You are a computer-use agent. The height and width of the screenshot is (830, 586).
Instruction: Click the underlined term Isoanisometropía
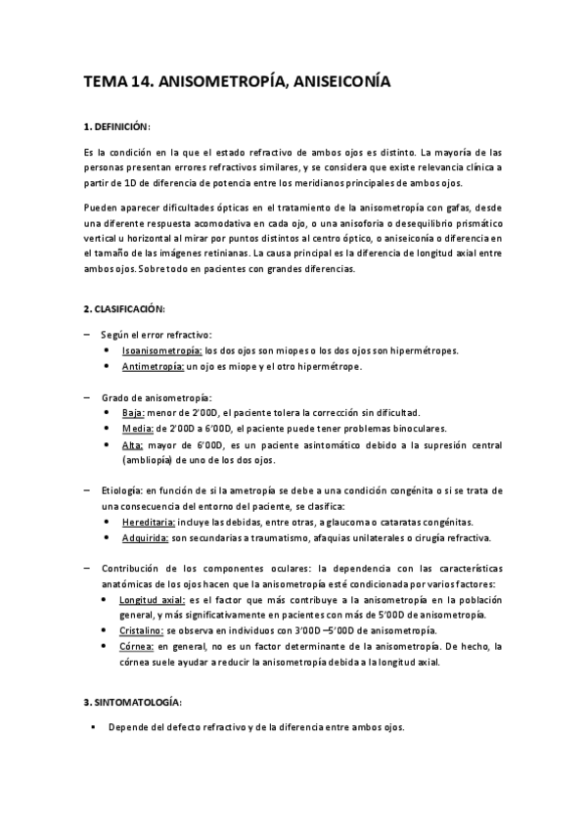pyautogui.click(x=161, y=349)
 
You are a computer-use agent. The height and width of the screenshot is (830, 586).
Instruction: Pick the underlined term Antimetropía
pyautogui.click(x=153, y=366)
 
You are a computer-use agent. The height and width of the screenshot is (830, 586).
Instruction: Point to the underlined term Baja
pyautogui.click(x=133, y=413)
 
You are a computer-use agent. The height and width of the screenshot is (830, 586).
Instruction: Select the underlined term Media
pyautogui.click(x=137, y=429)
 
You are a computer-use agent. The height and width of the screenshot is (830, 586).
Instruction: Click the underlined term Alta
pyautogui.click(x=133, y=444)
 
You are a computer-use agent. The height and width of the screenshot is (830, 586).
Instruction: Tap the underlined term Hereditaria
pyautogui.click(x=149, y=523)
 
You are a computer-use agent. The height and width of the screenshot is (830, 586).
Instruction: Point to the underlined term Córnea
pyautogui.click(x=137, y=647)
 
